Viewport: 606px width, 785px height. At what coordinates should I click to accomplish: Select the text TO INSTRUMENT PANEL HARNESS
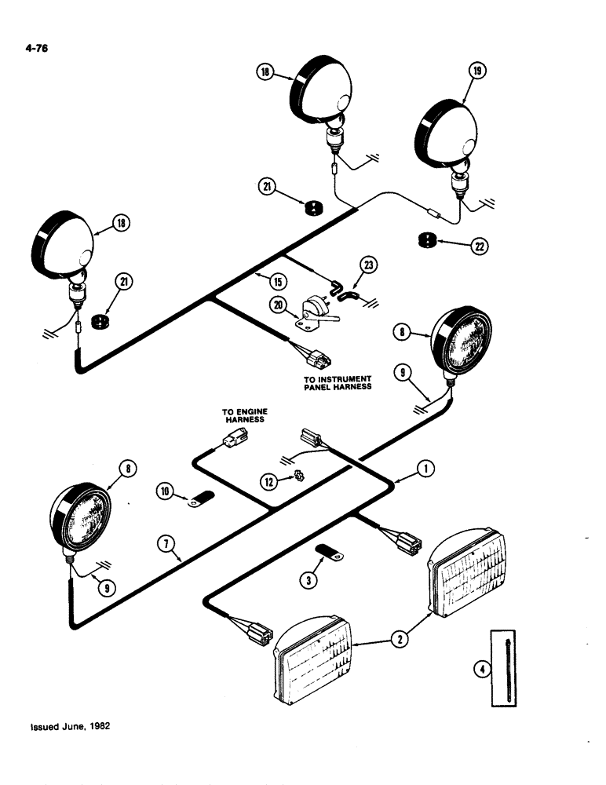pos(338,382)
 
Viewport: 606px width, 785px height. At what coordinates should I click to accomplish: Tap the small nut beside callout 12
pos(299,476)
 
